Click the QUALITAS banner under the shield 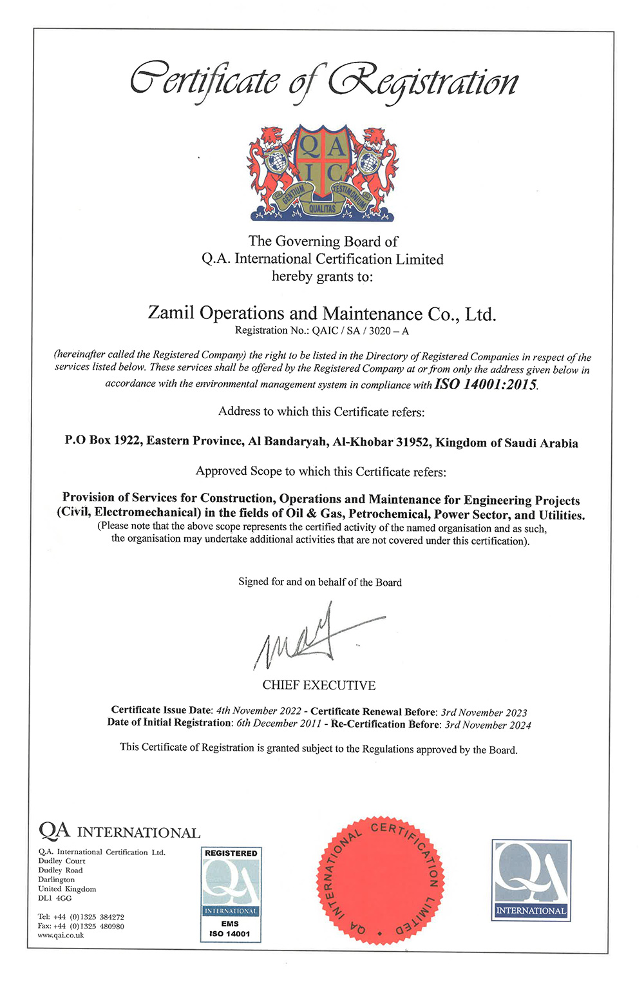coord(322,208)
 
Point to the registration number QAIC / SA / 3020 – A coord(361,331)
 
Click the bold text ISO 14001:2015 coord(486,385)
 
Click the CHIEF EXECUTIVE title coord(319,685)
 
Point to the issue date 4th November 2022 coord(259,711)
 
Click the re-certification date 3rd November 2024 coord(488,724)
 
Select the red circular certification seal coord(381,880)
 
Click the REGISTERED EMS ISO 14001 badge coord(231,894)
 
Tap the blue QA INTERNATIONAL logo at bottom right coord(531,880)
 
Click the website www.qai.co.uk coord(61,935)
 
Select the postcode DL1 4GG coord(55,898)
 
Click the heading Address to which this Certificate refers coord(321,412)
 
